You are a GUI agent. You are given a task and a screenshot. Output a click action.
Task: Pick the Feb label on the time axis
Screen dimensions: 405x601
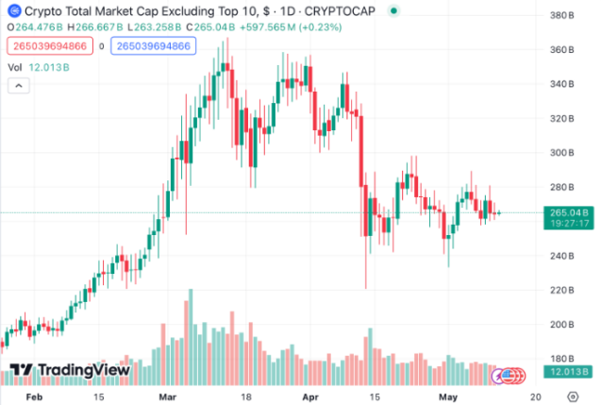point(34,397)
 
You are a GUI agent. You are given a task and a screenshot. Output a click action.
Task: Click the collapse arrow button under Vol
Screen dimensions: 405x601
point(17,87)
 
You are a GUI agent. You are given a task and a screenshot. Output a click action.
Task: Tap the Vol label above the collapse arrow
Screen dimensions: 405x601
point(15,67)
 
